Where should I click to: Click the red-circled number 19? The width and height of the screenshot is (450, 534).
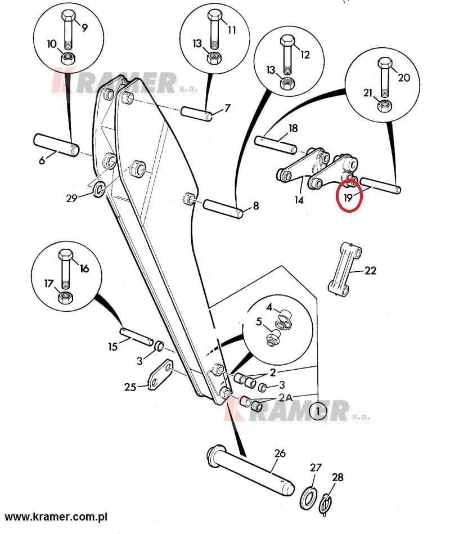point(348,198)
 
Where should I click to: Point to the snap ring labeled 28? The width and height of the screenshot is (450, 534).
point(326,502)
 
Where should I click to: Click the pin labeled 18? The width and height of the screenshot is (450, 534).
point(280,143)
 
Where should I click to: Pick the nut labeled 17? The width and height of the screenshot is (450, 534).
point(66,295)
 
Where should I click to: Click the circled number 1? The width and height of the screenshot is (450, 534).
point(318,411)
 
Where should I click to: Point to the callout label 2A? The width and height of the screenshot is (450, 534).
point(285,397)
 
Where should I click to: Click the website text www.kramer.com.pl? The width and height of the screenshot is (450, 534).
point(56,516)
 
